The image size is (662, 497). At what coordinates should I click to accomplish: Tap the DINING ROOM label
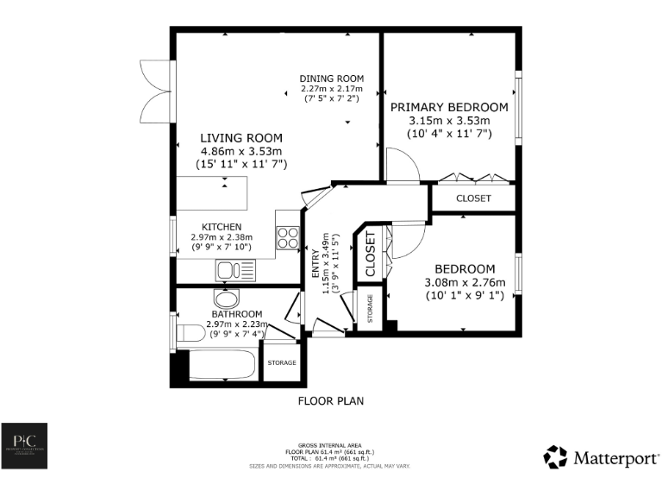[x=332, y=79]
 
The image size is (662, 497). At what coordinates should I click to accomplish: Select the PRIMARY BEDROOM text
[x=449, y=108]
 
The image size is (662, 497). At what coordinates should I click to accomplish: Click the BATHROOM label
[x=236, y=314]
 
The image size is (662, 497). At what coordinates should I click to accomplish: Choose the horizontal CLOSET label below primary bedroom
[x=473, y=198]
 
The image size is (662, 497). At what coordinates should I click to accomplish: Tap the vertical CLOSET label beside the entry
[x=371, y=254]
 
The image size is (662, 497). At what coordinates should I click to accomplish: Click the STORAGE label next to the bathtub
[x=282, y=362]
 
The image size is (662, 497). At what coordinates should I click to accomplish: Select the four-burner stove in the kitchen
[x=288, y=237]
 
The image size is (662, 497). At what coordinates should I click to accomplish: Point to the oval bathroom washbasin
[x=226, y=299]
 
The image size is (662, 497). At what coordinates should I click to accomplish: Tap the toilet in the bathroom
[x=189, y=333]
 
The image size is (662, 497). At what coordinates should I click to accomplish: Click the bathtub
[x=222, y=364]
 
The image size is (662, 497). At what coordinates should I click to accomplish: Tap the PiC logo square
[x=23, y=446]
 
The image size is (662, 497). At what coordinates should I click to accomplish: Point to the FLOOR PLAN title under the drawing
[x=331, y=400]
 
